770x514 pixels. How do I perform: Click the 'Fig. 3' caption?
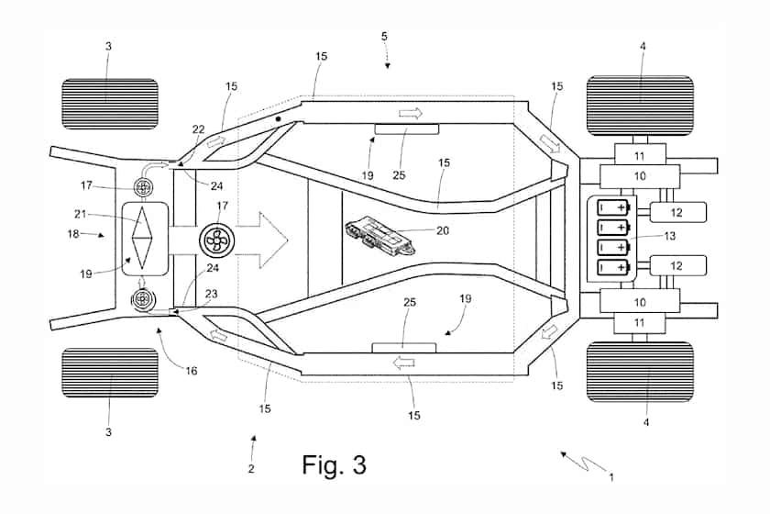pyautogui.click(x=334, y=464)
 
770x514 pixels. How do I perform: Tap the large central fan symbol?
pyautogui.click(x=217, y=240)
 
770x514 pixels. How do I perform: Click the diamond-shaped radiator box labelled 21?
pyautogui.click(x=145, y=239)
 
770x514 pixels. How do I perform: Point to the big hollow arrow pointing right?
pyautogui.click(x=262, y=240)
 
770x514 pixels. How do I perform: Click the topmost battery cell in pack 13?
pyautogui.click(x=614, y=207)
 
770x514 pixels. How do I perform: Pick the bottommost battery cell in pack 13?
pyautogui.click(x=614, y=267)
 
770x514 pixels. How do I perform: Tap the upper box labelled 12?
pyautogui.click(x=678, y=212)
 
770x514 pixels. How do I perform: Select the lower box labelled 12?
pyautogui.click(x=678, y=265)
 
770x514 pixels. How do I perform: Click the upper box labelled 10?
pyautogui.click(x=640, y=176)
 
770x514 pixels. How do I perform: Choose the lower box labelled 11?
pyautogui.click(x=640, y=323)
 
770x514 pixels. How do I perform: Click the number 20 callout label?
pyautogui.click(x=443, y=230)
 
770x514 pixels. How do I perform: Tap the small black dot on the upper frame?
pyautogui.click(x=278, y=119)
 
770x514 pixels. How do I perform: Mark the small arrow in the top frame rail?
pyautogui.click(x=411, y=114)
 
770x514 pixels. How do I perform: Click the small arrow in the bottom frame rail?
pyautogui.click(x=403, y=363)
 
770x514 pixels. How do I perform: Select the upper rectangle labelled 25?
pyautogui.click(x=407, y=129)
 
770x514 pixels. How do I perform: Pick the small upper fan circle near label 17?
pyautogui.click(x=143, y=187)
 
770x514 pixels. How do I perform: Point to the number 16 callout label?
pyautogui.click(x=191, y=371)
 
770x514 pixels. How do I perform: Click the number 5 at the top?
pyautogui.click(x=384, y=36)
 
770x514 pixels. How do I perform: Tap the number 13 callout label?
pyautogui.click(x=670, y=236)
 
